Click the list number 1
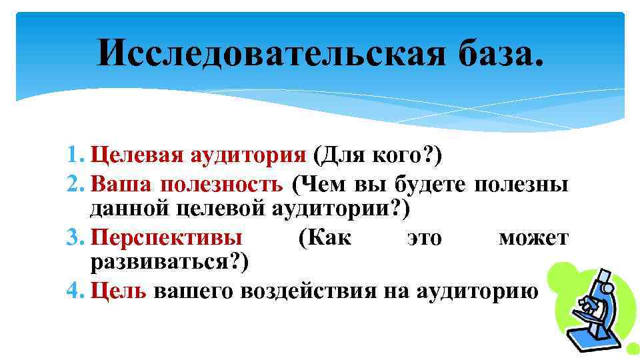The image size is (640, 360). [76, 157]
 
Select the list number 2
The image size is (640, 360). [76, 183]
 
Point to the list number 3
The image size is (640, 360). [76, 237]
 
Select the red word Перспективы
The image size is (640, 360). [167, 238]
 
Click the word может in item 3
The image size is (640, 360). [533, 238]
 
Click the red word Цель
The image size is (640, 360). [117, 291]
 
